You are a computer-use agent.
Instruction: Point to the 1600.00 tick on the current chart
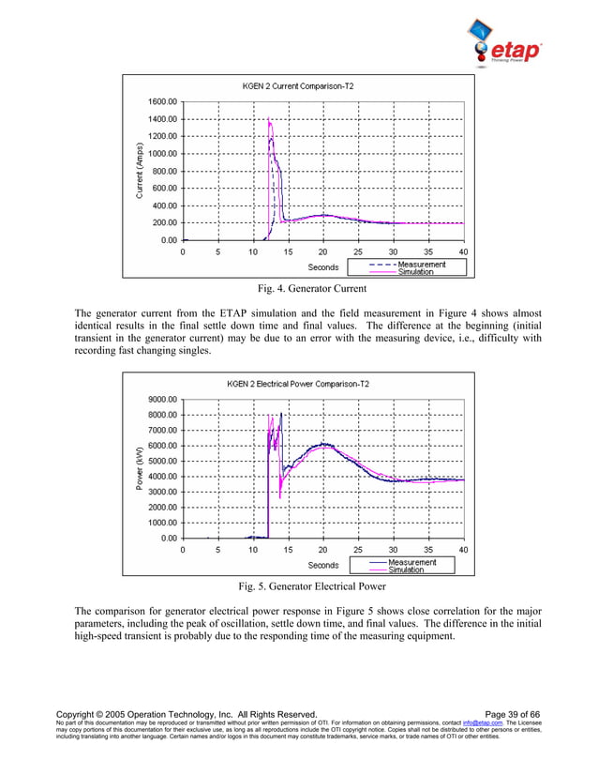[x=164, y=101]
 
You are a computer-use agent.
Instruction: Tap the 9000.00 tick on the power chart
[x=164, y=399]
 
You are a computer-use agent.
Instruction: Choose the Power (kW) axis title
[x=140, y=467]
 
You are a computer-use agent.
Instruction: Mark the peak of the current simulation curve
[x=269, y=119]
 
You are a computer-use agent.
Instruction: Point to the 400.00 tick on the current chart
[x=166, y=205]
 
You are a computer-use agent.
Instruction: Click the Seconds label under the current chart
[x=323, y=267]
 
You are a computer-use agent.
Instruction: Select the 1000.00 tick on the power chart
[x=164, y=523]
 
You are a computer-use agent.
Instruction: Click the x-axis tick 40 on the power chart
[x=463, y=550]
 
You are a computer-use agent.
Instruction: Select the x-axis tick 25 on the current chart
[x=358, y=251]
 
